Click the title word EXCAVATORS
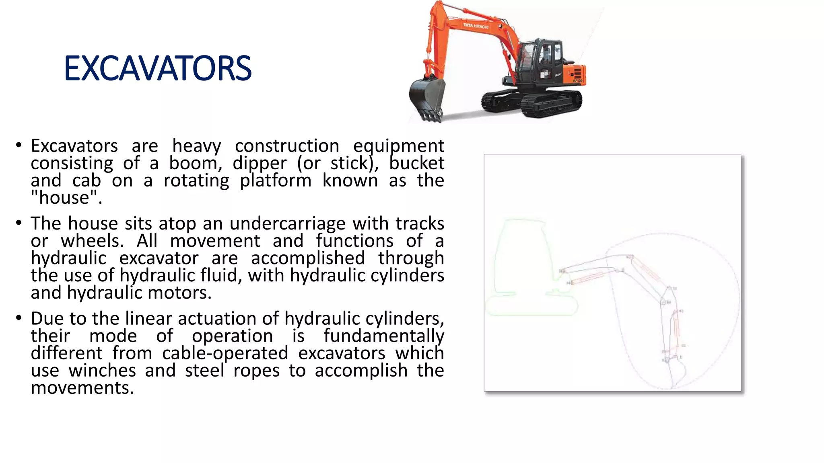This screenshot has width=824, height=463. click(x=158, y=68)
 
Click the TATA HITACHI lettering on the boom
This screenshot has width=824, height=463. click(x=476, y=26)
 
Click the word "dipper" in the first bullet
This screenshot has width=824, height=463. click(x=260, y=163)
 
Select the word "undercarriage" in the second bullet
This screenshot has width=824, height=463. click(x=287, y=223)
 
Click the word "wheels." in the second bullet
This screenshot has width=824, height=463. click(x=92, y=241)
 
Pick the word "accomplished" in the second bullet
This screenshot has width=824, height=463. click(x=308, y=258)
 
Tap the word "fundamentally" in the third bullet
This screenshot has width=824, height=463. click(x=384, y=336)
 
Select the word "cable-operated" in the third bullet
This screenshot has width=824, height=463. click(x=225, y=353)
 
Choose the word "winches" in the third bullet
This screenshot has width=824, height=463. click(x=102, y=370)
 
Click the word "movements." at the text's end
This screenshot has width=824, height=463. click(x=82, y=387)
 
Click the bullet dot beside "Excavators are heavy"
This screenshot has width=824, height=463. click(x=19, y=145)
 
